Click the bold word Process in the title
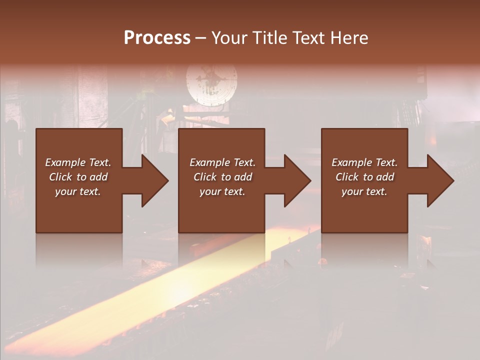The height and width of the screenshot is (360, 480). [157, 38]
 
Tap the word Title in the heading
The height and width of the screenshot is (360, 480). [268, 38]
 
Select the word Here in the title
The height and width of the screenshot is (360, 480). [349, 38]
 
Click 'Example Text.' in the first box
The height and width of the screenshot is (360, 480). [78, 162]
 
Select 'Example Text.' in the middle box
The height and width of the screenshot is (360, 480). [222, 162]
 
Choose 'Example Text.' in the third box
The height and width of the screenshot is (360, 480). [364, 162]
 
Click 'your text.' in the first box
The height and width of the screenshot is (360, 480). [78, 191]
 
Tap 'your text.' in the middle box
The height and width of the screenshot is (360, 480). [222, 191]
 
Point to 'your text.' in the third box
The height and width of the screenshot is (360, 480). [364, 191]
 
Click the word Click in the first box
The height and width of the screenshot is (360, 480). [60, 177]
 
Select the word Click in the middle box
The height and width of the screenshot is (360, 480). [205, 177]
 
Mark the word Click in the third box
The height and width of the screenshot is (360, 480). [347, 177]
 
